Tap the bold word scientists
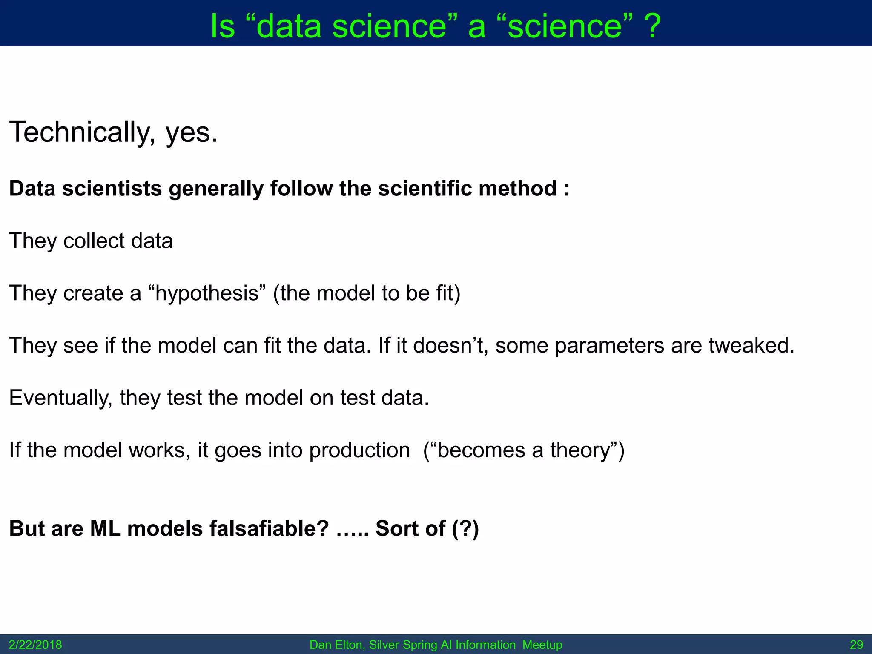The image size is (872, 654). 112,189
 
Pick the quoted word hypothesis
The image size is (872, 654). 207,294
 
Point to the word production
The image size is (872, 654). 359,450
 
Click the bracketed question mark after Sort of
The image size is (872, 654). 465,529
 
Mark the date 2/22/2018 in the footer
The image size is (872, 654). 35,645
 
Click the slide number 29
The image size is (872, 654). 856,645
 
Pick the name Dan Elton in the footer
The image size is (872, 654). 336,645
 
